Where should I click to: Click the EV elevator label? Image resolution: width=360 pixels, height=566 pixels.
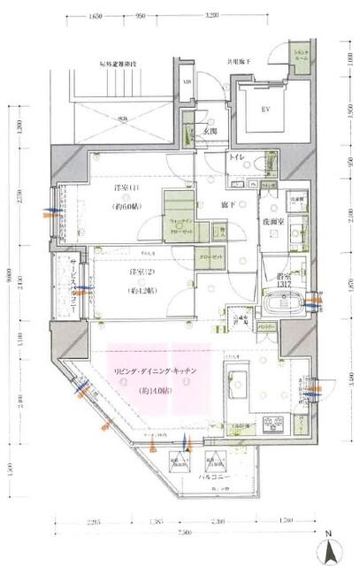coord(264,110)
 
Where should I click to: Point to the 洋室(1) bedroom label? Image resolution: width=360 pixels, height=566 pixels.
coord(128,189)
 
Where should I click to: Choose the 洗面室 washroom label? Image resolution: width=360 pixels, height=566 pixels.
coord(272,221)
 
